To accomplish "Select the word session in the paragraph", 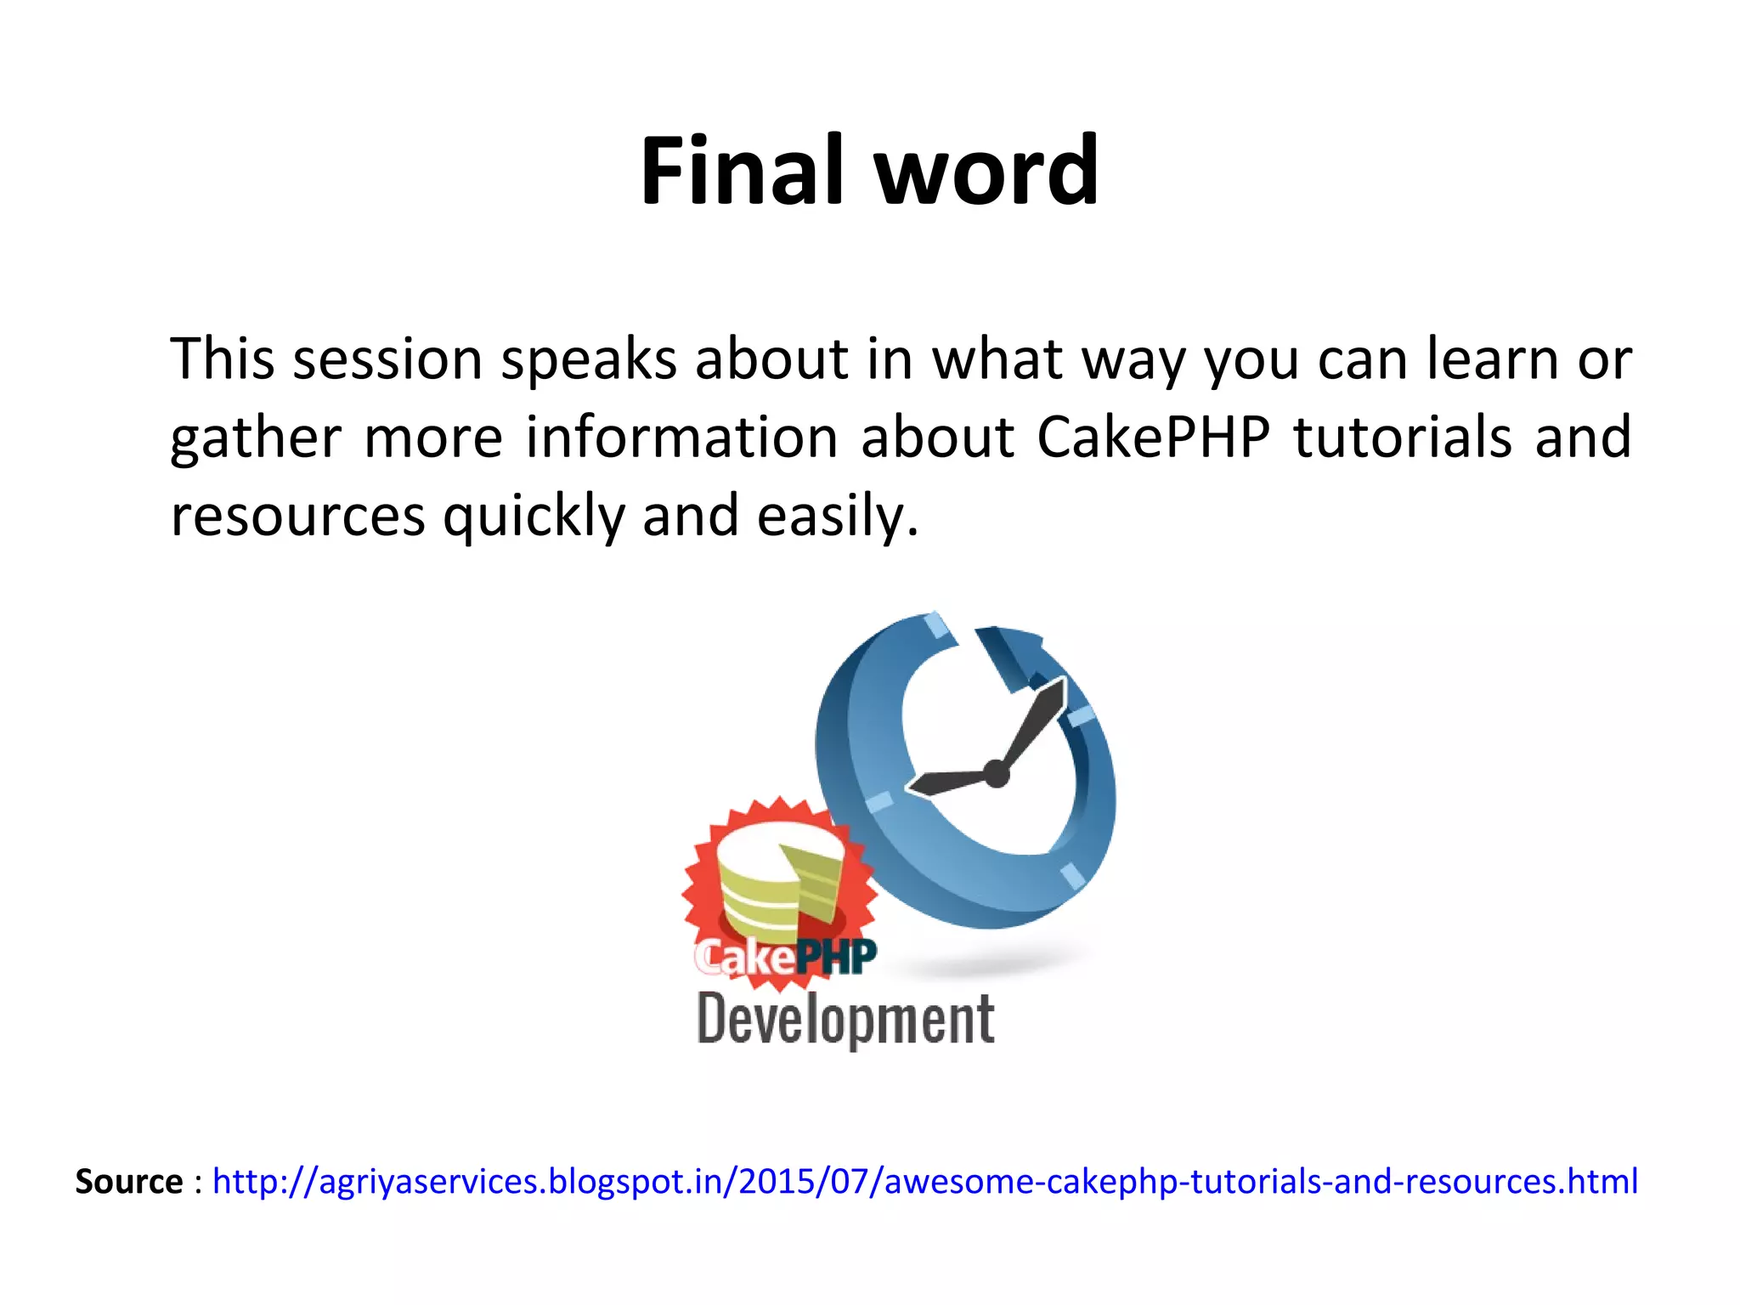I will coord(387,359).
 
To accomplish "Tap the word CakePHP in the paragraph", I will coord(1153,438).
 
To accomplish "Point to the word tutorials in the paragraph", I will coord(1402,438).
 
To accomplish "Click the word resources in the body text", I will coord(297,517).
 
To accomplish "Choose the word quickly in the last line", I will coord(534,517).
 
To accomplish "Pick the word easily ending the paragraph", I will coord(836,517).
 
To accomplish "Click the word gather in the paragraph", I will coord(255,438).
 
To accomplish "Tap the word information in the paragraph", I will coord(681,438).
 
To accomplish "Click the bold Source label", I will coord(129,1182).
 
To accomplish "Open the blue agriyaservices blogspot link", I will coord(924,1182).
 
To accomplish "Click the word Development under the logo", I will coord(845,1020).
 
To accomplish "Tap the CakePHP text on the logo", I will coord(784,958).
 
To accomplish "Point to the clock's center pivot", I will coord(995,774).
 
